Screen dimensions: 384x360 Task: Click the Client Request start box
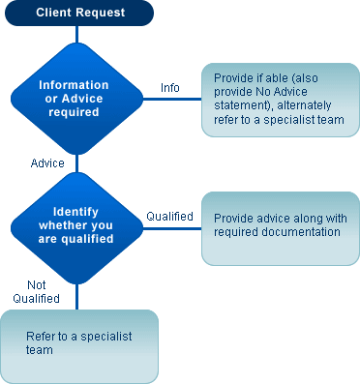[76, 13]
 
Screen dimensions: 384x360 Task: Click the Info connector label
[169, 88]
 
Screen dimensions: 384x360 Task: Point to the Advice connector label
[47, 162]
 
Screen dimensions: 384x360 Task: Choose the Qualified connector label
[169, 217]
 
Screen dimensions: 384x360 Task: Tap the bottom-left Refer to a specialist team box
[78, 344]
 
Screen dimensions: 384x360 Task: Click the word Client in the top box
[54, 13]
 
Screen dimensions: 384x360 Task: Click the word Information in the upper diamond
[74, 85]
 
